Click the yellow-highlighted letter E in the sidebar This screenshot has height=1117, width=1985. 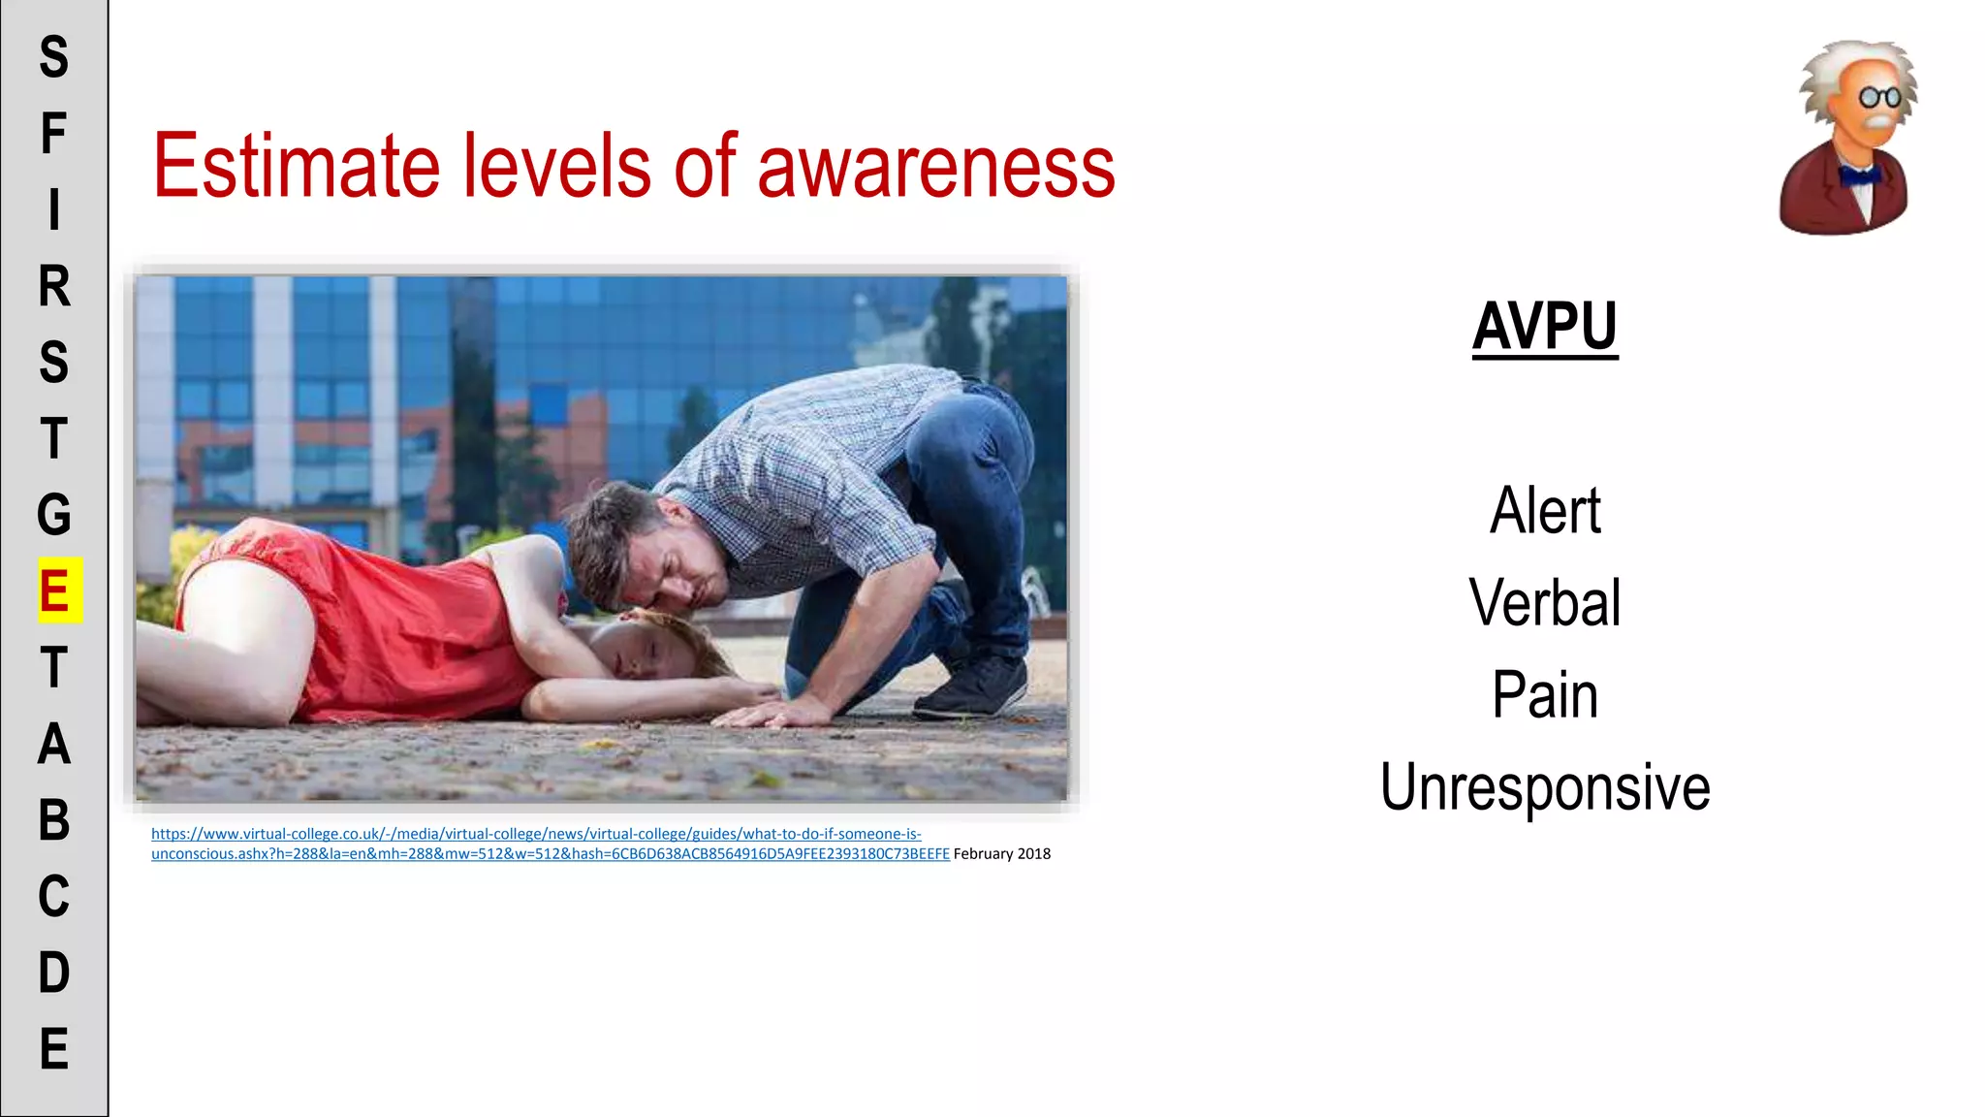point(55,590)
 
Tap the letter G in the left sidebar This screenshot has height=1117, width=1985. point(54,515)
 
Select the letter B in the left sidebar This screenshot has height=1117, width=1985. point(54,820)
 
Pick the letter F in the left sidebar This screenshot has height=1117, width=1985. point(54,133)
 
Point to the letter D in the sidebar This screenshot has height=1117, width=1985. point(54,973)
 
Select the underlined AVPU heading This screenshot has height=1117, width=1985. point(1545,327)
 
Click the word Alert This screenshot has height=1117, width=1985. point(1545,511)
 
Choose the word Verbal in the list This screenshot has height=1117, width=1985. point(1545,603)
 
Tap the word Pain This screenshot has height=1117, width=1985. point(1545,695)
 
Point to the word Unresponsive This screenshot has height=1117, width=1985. point(1545,787)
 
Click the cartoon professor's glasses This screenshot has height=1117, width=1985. point(1879,97)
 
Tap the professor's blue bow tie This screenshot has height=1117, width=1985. point(1859,176)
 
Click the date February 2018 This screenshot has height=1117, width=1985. point(1001,854)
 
